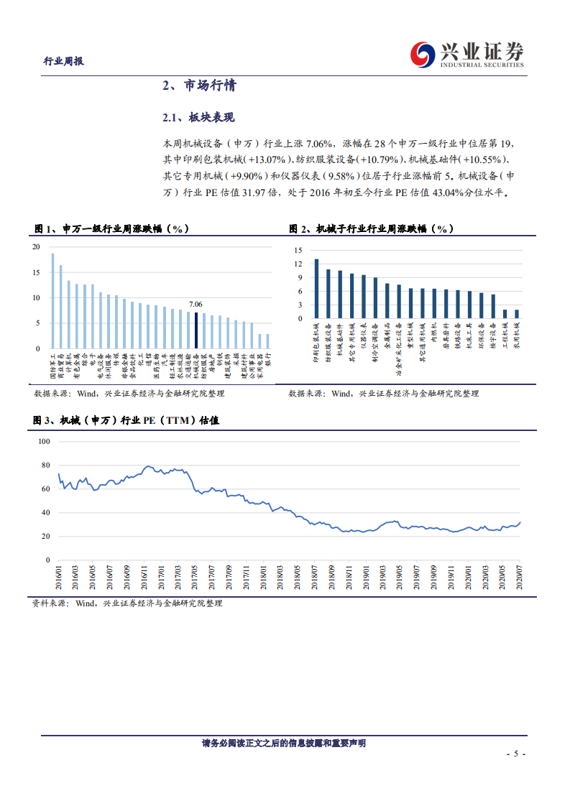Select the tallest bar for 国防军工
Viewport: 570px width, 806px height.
click(x=52, y=301)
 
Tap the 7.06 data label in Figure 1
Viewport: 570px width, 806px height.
click(x=196, y=305)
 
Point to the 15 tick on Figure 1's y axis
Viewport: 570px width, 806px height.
click(x=36, y=272)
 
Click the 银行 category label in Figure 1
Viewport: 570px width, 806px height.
click(x=268, y=359)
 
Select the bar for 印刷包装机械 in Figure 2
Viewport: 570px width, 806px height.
click(x=316, y=289)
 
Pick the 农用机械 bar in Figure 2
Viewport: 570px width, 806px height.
click(x=516, y=314)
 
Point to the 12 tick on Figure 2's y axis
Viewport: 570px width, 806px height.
click(x=296, y=264)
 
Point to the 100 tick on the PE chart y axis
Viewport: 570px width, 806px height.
click(x=43, y=441)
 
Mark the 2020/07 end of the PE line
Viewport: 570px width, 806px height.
click(x=520, y=523)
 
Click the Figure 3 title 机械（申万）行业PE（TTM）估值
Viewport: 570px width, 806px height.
click(x=126, y=420)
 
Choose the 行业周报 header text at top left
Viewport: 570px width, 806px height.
click(x=64, y=61)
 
